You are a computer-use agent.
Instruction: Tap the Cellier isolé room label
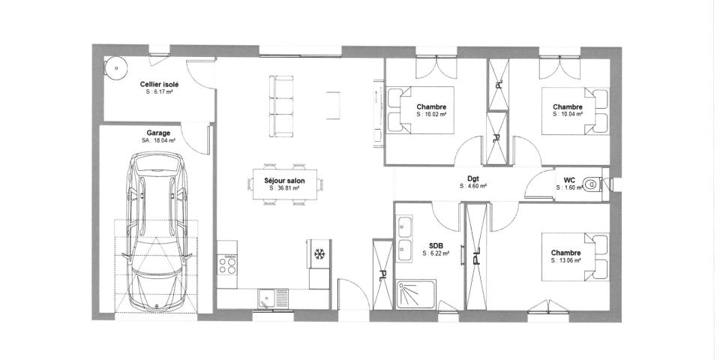pyautogui.click(x=159, y=85)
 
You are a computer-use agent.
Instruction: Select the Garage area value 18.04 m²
pyautogui.click(x=158, y=140)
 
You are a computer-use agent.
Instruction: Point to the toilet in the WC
pyautogui.click(x=594, y=182)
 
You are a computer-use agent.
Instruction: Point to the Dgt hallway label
pyautogui.click(x=473, y=178)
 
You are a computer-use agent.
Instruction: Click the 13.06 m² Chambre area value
pyautogui.click(x=565, y=261)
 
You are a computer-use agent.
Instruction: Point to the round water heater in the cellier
pyautogui.click(x=117, y=67)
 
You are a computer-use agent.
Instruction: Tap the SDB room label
pyautogui.click(x=436, y=245)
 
